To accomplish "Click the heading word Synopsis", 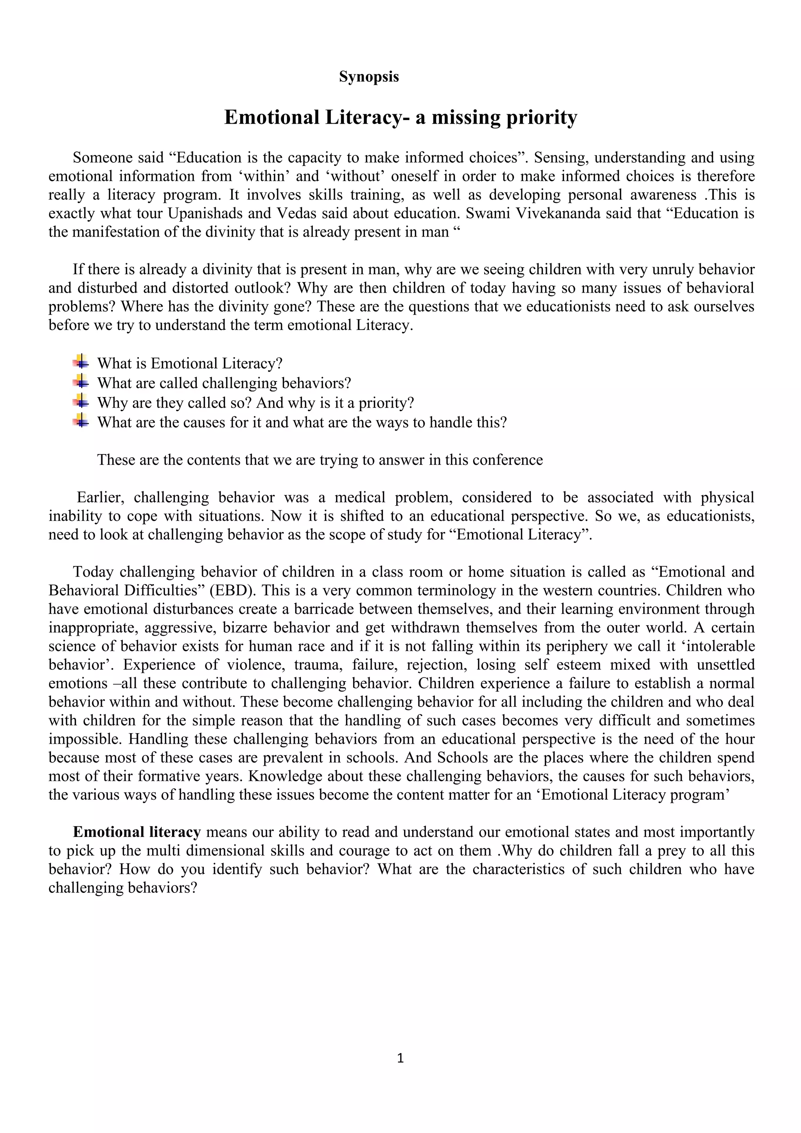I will [368, 77].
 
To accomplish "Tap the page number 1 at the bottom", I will [400, 1057].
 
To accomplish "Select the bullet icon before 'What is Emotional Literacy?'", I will [81, 362].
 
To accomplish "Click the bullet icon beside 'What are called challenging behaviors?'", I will [81, 381].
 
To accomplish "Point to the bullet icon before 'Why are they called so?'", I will [81, 401].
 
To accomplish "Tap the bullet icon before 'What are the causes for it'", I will [81, 421].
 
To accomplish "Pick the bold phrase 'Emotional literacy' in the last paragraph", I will [136, 832].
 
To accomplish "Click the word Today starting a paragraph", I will [93, 572].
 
